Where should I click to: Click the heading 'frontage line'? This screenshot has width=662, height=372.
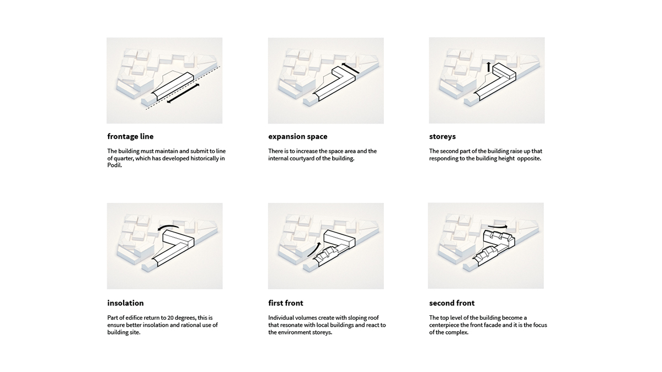click(x=130, y=137)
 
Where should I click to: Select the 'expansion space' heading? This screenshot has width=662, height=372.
click(x=297, y=137)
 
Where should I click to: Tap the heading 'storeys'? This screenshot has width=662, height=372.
click(x=442, y=137)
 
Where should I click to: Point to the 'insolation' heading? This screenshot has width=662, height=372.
click(x=125, y=303)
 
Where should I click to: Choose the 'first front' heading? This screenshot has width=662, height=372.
click(x=286, y=303)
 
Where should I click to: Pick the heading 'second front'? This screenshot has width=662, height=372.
click(x=452, y=303)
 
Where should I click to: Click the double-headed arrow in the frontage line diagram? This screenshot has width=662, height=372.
click(x=183, y=93)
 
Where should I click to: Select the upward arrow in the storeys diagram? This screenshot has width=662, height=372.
click(x=489, y=67)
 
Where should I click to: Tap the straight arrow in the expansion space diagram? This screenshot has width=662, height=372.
click(x=350, y=68)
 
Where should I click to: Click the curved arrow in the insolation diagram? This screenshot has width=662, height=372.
click(x=168, y=227)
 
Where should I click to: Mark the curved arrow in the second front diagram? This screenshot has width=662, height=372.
click(x=498, y=226)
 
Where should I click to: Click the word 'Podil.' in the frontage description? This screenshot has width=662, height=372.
click(x=115, y=165)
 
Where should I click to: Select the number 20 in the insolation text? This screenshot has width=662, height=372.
click(x=170, y=317)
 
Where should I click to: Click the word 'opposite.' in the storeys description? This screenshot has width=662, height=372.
click(x=529, y=159)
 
